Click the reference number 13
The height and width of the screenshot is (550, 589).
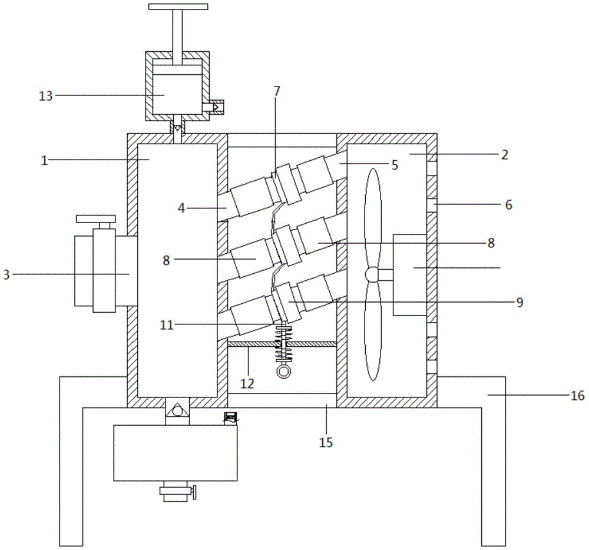[x=46, y=96]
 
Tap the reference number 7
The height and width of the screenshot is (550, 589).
[x=277, y=91]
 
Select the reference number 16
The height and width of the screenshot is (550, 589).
[x=577, y=395]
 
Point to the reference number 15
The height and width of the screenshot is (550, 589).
[x=326, y=442]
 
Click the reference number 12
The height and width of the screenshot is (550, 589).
[x=247, y=383]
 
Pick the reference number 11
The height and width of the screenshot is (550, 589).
[x=167, y=324]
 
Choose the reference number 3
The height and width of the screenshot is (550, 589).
[x=6, y=274]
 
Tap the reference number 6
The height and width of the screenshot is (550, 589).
[x=509, y=205]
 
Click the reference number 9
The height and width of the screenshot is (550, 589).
[x=520, y=302]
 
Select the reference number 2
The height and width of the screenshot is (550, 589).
[x=505, y=155]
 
